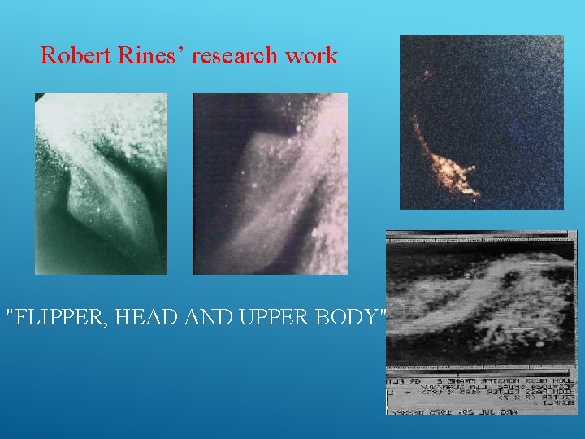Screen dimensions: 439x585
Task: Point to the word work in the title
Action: click(x=310, y=56)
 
